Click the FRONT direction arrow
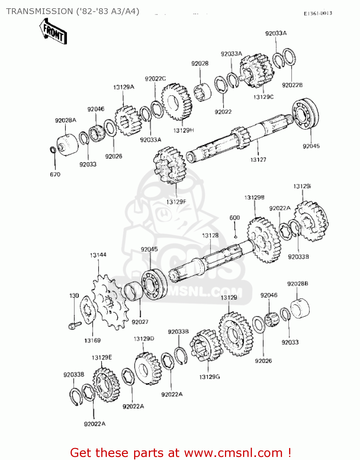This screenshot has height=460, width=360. [x=53, y=31]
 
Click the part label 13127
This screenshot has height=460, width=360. [x=258, y=159]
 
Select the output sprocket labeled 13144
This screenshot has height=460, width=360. [x=110, y=302]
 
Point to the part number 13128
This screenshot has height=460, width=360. [x=210, y=235]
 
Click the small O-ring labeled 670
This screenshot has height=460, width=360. [x=53, y=150]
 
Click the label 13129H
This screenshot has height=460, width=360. [x=184, y=130]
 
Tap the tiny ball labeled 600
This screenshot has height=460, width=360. [x=235, y=236]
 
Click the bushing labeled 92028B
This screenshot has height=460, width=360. [x=300, y=308]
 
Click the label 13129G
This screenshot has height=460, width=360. [x=210, y=377]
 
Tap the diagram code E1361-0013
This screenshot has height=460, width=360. [x=318, y=13]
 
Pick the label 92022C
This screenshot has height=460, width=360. [x=155, y=79]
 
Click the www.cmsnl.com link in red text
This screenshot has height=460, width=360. [x=233, y=453]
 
